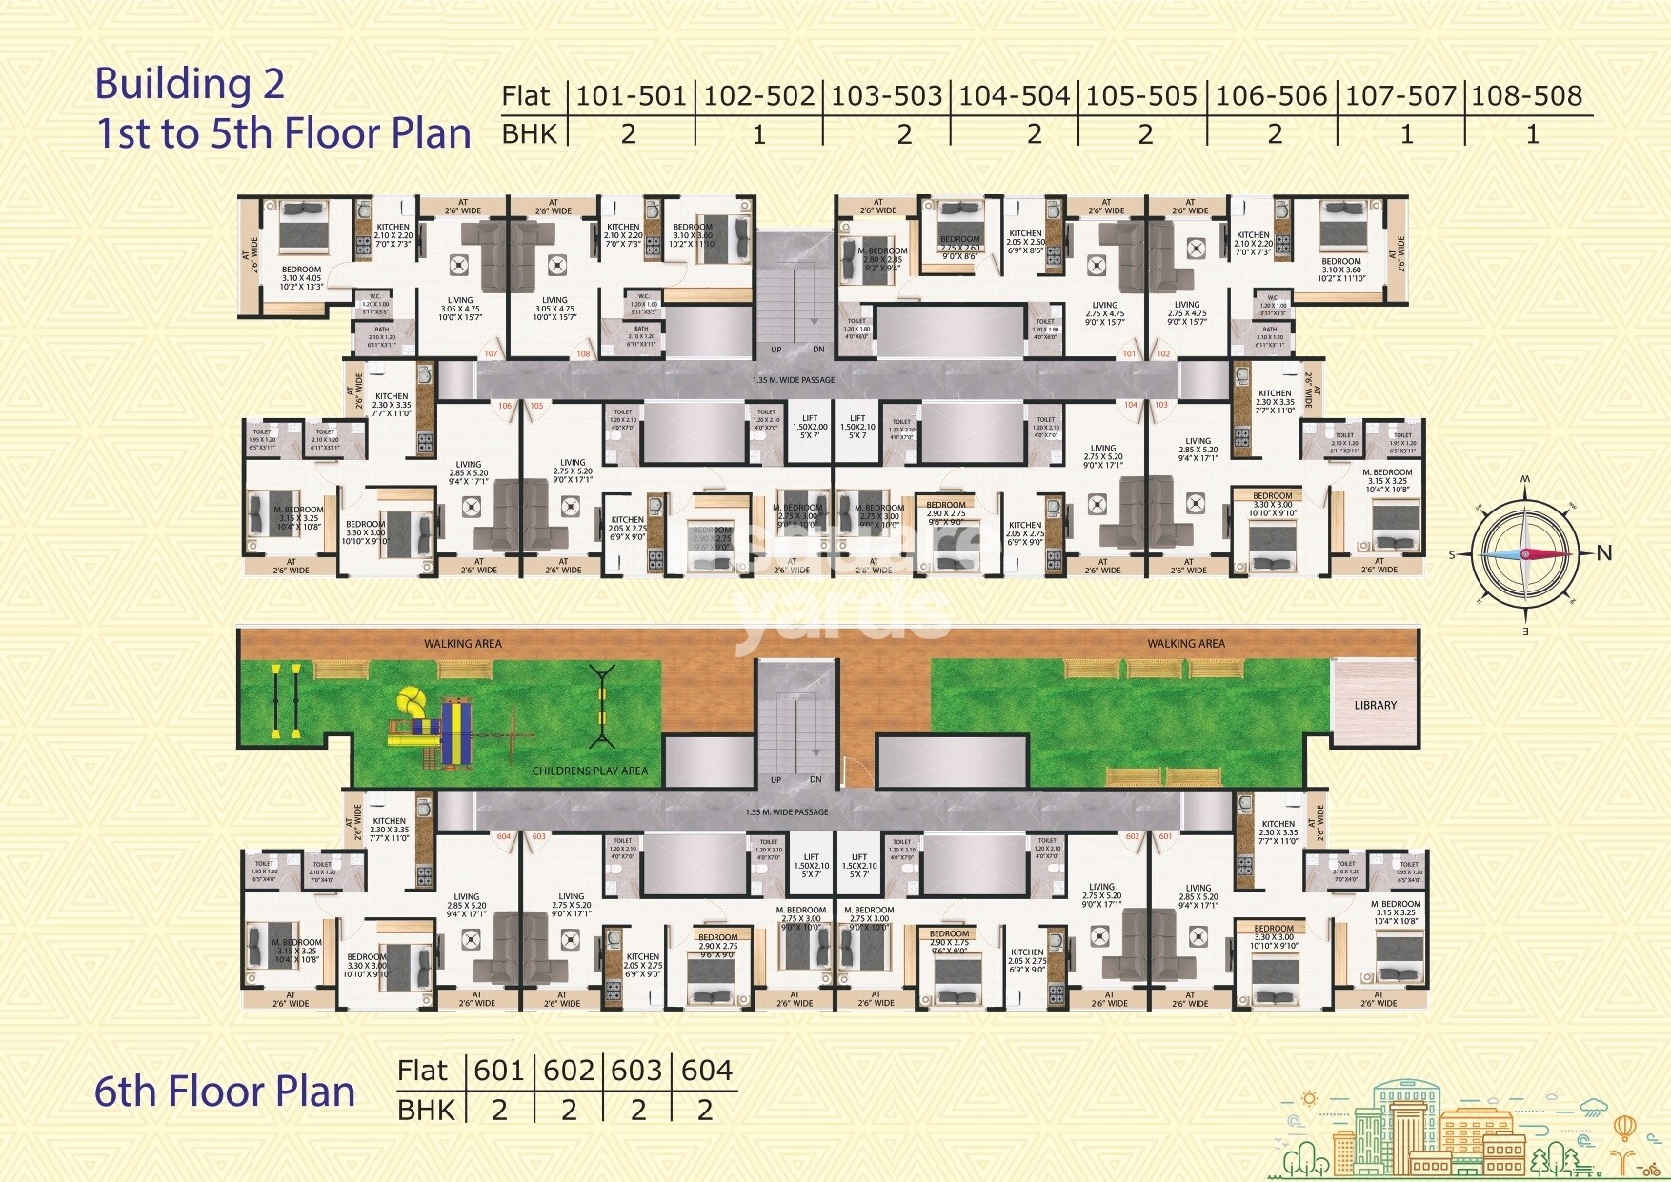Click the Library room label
pos(1375,706)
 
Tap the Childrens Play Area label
pos(590,771)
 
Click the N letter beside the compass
pos(1604,553)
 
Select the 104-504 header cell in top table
pos(1014,96)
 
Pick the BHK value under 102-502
pos(758,135)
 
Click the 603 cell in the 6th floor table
pos(636,1071)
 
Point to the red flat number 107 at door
pos(491,354)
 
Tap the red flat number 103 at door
pos(1160,405)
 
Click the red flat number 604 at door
pos(503,837)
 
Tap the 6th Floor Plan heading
pos(225,1092)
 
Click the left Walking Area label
pos(462,644)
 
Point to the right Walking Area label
pos(1185,644)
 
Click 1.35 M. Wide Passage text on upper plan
pos(793,380)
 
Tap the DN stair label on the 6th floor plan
pos(815,780)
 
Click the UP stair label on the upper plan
pos(775,350)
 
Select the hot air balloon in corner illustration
pos(1624,1128)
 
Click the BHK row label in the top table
pos(529,134)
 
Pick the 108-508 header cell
pos(1526,96)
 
